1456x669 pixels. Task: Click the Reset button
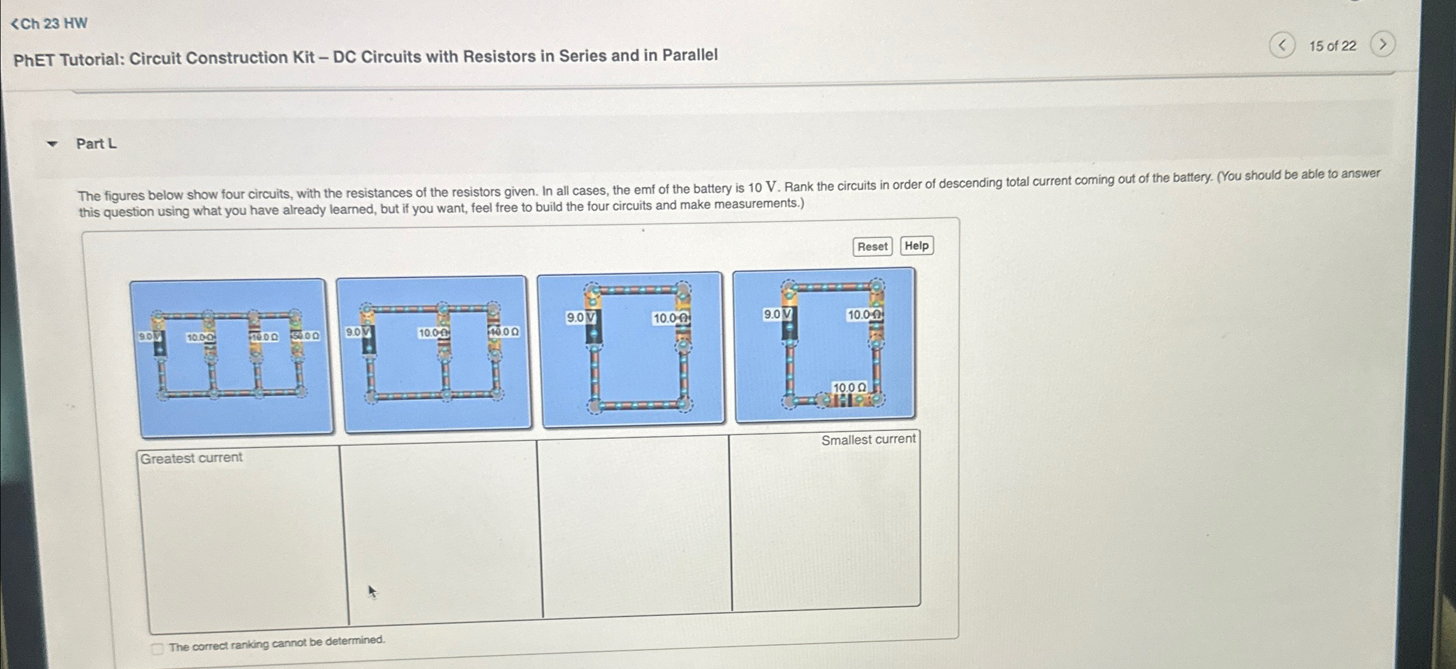point(872,246)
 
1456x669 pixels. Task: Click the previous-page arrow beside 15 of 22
point(1282,45)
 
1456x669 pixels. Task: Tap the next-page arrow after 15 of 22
point(1382,44)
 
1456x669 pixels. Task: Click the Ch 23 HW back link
point(50,24)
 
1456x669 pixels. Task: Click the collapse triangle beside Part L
point(53,144)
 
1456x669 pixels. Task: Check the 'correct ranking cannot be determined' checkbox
point(157,649)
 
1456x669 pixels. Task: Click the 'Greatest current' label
point(191,458)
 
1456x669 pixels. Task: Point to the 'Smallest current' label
point(868,439)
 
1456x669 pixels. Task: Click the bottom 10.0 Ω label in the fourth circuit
point(849,387)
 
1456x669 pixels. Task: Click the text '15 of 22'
point(1332,46)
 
